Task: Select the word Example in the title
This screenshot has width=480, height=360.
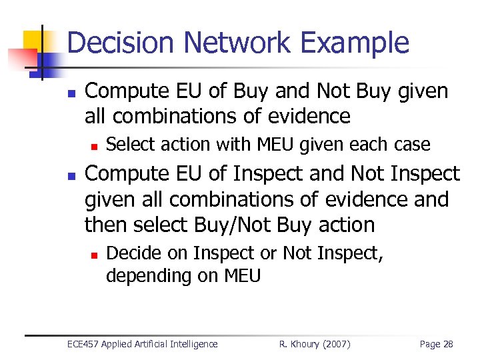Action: coord(355,43)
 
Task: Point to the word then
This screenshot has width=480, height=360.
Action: coord(107,225)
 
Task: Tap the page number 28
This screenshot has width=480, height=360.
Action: coord(447,344)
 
